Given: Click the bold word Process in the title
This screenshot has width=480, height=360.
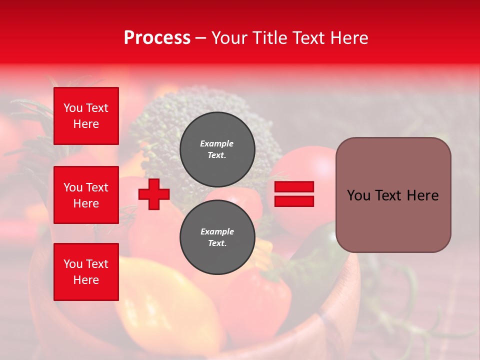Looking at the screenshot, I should pyautogui.click(x=157, y=38).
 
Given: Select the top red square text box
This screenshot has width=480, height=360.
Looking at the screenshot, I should pyautogui.click(x=86, y=116).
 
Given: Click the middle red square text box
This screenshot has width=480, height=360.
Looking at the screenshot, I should pyautogui.click(x=86, y=195).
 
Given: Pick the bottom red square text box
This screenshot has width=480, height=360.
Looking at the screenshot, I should pyautogui.click(x=86, y=272).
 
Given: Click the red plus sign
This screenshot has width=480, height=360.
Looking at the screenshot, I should pyautogui.click(x=154, y=194).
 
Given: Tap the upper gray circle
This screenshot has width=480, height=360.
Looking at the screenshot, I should pyautogui.click(x=217, y=149).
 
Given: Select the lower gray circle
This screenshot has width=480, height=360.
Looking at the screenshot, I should pyautogui.click(x=217, y=237).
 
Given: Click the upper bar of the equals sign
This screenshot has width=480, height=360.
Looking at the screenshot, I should pyautogui.click(x=294, y=187).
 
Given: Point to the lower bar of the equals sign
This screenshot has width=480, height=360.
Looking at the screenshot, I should pyautogui.click(x=294, y=201).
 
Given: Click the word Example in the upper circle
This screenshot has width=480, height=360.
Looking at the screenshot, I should pyautogui.click(x=217, y=143).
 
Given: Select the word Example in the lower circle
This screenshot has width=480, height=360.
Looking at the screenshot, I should pyautogui.click(x=217, y=231).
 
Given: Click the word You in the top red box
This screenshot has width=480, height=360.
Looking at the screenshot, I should pyautogui.click(x=73, y=108).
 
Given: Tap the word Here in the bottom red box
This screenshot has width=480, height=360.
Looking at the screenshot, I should pyautogui.click(x=86, y=280).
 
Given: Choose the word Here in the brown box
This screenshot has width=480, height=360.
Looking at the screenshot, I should pyautogui.click(x=422, y=195).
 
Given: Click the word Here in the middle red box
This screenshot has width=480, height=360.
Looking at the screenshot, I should pyautogui.click(x=86, y=203).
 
